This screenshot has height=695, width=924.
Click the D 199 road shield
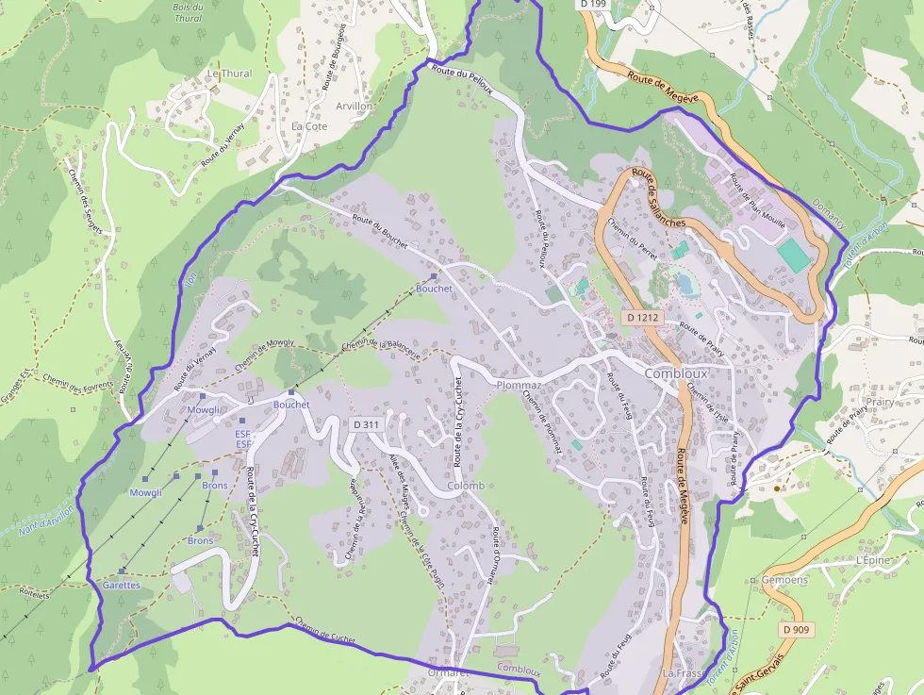click(x=593, y=5)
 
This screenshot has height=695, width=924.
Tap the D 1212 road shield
click(x=642, y=318)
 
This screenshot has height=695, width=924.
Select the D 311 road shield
click(x=366, y=424)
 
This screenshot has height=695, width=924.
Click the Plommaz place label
click(x=519, y=386)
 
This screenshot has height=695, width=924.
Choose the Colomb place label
click(x=466, y=487)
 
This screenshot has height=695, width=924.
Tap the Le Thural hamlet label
click(x=229, y=74)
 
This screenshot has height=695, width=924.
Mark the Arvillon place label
click(x=355, y=107)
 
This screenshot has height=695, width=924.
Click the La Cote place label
click(x=309, y=125)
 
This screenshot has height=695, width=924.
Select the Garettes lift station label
click(x=121, y=585)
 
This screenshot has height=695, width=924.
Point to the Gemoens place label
click(x=784, y=580)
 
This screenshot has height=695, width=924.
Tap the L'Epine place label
click(x=872, y=560)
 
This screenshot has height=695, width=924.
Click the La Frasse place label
click(x=683, y=673)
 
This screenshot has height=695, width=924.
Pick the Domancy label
click(x=829, y=217)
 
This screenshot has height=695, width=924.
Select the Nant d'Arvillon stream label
click(x=46, y=519)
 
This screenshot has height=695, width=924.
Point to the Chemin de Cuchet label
click(x=325, y=631)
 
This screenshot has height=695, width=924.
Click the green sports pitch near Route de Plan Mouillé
click(x=794, y=253)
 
